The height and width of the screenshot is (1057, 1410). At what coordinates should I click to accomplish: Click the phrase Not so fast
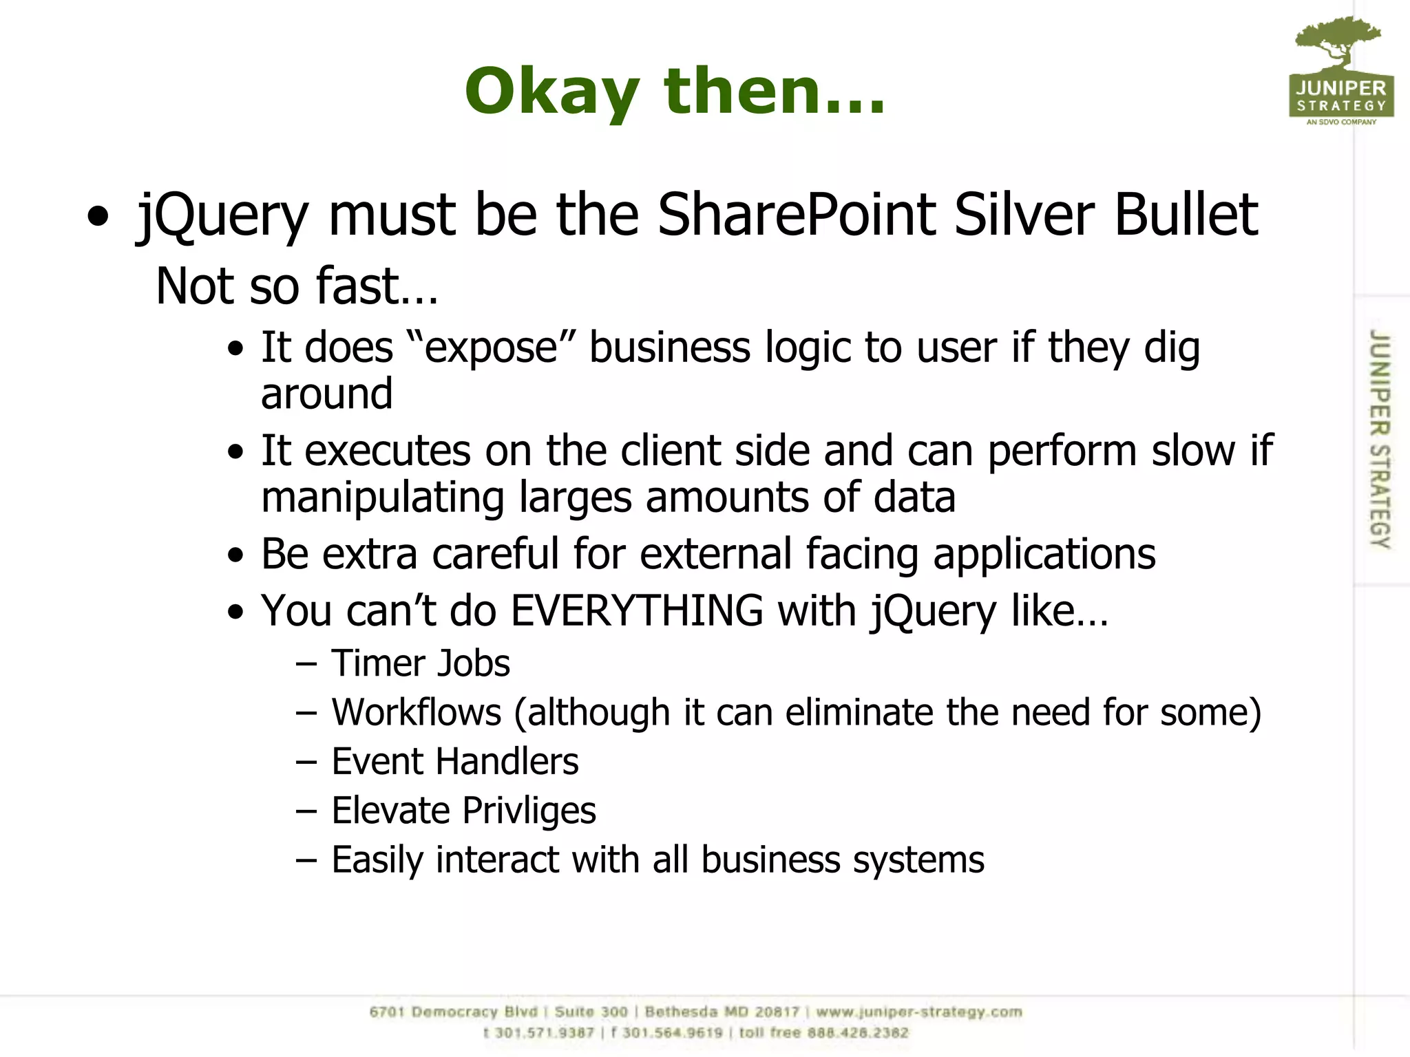pos(297,286)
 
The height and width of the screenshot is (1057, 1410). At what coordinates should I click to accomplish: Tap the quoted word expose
pos(491,348)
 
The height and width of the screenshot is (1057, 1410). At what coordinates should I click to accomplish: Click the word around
pos(327,394)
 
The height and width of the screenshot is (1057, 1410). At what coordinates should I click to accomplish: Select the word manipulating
pos(383,497)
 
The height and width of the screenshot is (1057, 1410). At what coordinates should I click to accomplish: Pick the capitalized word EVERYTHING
pos(637,610)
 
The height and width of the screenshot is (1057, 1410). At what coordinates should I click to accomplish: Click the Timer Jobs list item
pos(421,663)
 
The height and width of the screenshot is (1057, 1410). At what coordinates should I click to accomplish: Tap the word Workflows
pos(417,712)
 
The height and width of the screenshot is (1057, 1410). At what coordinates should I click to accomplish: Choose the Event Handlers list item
pos(455,762)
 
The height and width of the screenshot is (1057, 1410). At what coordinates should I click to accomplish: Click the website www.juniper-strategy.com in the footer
pos(919,1012)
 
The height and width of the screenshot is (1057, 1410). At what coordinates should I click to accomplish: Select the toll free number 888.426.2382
pos(858,1033)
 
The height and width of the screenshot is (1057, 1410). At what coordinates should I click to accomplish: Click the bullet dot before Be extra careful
pos(236,555)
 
